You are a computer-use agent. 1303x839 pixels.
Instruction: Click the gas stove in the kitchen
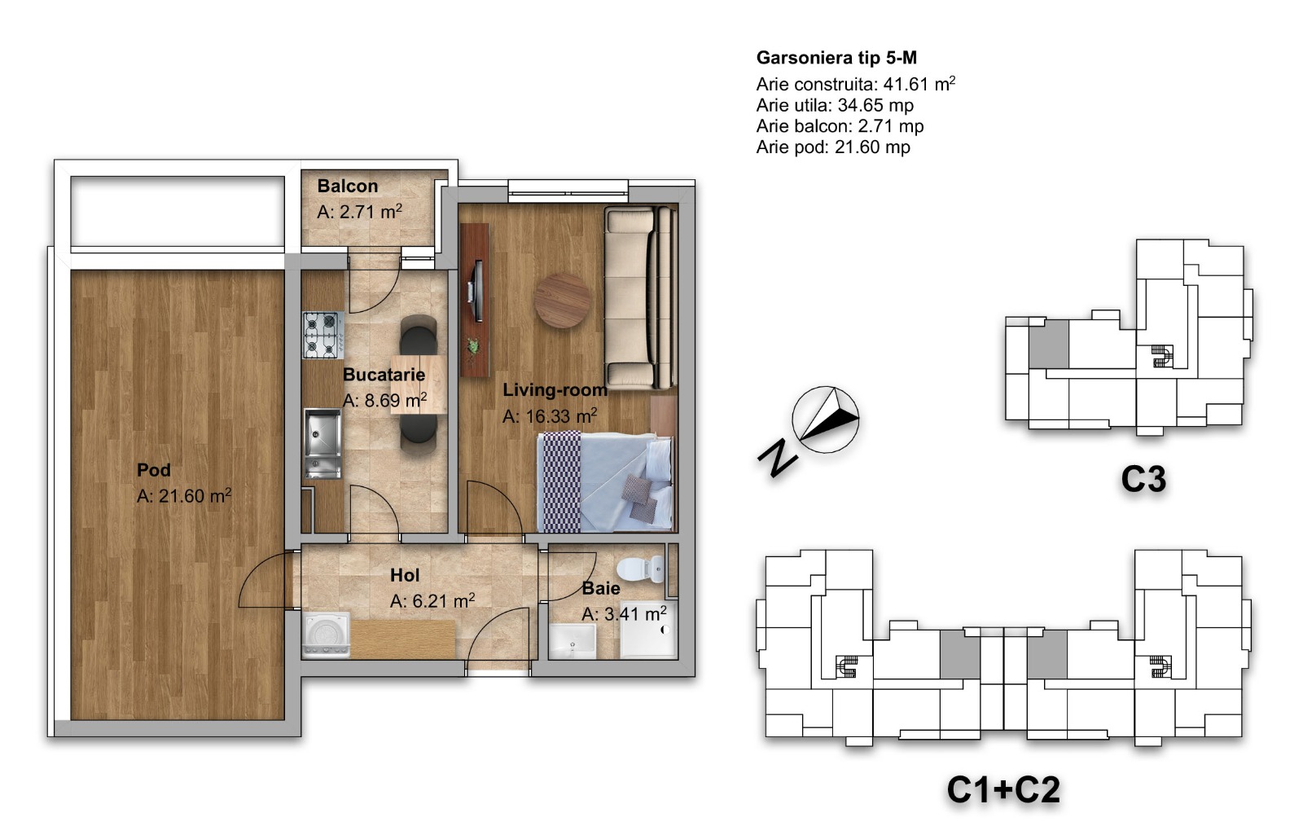(322, 335)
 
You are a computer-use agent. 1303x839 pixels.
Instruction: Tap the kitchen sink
(322, 443)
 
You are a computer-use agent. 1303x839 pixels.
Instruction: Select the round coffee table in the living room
(563, 301)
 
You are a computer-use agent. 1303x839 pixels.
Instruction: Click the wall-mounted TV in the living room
(477, 291)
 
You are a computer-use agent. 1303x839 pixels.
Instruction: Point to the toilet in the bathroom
(640, 569)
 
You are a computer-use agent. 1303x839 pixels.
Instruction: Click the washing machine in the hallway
(326, 635)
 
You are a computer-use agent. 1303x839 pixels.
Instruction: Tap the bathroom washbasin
(573, 641)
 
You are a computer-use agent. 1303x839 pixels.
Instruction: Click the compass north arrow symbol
(826, 419)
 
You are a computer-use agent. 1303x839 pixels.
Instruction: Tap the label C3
(1143, 480)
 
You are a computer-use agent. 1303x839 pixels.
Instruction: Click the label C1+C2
(1003, 789)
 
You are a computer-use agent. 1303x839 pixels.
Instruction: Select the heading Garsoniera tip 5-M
(836, 58)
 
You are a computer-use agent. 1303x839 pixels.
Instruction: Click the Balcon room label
(347, 187)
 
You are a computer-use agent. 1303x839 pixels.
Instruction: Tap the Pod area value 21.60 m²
(184, 496)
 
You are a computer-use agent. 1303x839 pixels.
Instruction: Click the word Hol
(405, 575)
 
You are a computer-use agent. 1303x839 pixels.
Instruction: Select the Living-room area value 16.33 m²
(550, 416)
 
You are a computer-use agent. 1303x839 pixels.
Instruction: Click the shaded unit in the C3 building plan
(1049, 344)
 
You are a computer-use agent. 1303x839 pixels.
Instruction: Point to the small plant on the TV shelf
(475, 347)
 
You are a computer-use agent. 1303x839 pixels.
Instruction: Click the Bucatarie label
(384, 375)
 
